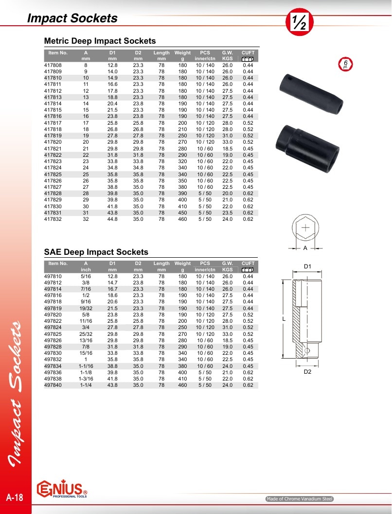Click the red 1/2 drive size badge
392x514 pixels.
299,22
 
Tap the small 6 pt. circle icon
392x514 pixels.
345,64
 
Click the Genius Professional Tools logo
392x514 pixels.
62,489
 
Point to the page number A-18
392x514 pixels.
15,497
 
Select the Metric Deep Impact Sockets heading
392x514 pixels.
100,41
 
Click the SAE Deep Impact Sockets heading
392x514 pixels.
96,252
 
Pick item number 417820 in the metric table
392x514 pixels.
53,142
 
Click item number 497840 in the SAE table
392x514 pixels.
53,385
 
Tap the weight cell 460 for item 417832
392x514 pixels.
182,219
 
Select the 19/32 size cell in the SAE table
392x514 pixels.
86,308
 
